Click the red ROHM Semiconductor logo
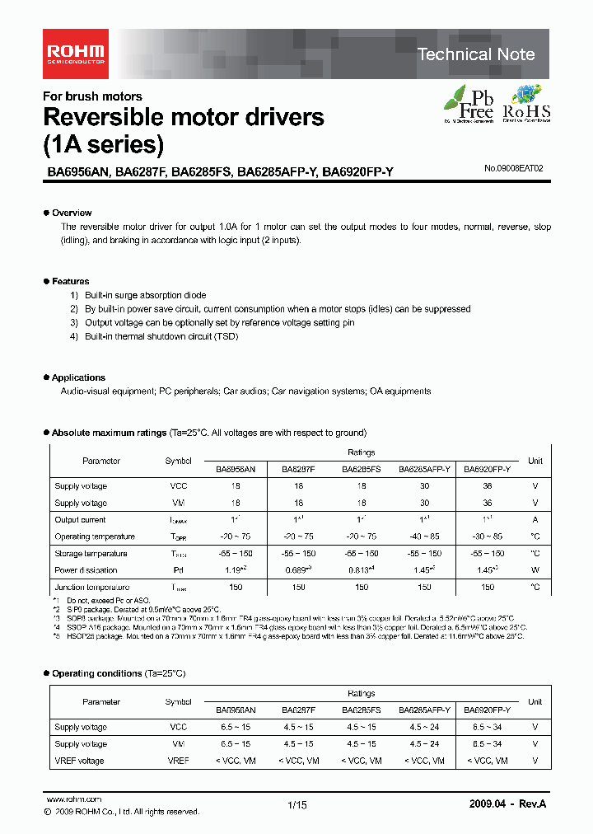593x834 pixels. tap(74, 54)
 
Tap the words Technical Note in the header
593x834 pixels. tap(476, 54)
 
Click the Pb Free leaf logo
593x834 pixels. tap(469, 104)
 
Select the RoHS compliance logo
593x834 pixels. tap(526, 104)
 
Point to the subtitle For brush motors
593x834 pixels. tap(92, 96)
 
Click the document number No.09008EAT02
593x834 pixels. tap(514, 168)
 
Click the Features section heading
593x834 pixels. tap(70, 281)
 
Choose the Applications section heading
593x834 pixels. tap(78, 377)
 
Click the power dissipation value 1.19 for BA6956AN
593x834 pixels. tap(236, 569)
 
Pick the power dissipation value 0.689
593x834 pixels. tap(297, 569)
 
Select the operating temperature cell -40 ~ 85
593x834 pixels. tap(424, 536)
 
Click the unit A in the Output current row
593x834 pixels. tap(535, 520)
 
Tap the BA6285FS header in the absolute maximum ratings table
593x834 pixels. tap(362, 468)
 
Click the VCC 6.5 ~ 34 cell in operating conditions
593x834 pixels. tap(487, 727)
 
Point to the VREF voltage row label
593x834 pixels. tap(79, 761)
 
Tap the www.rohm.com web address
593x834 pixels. tap(73, 799)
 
